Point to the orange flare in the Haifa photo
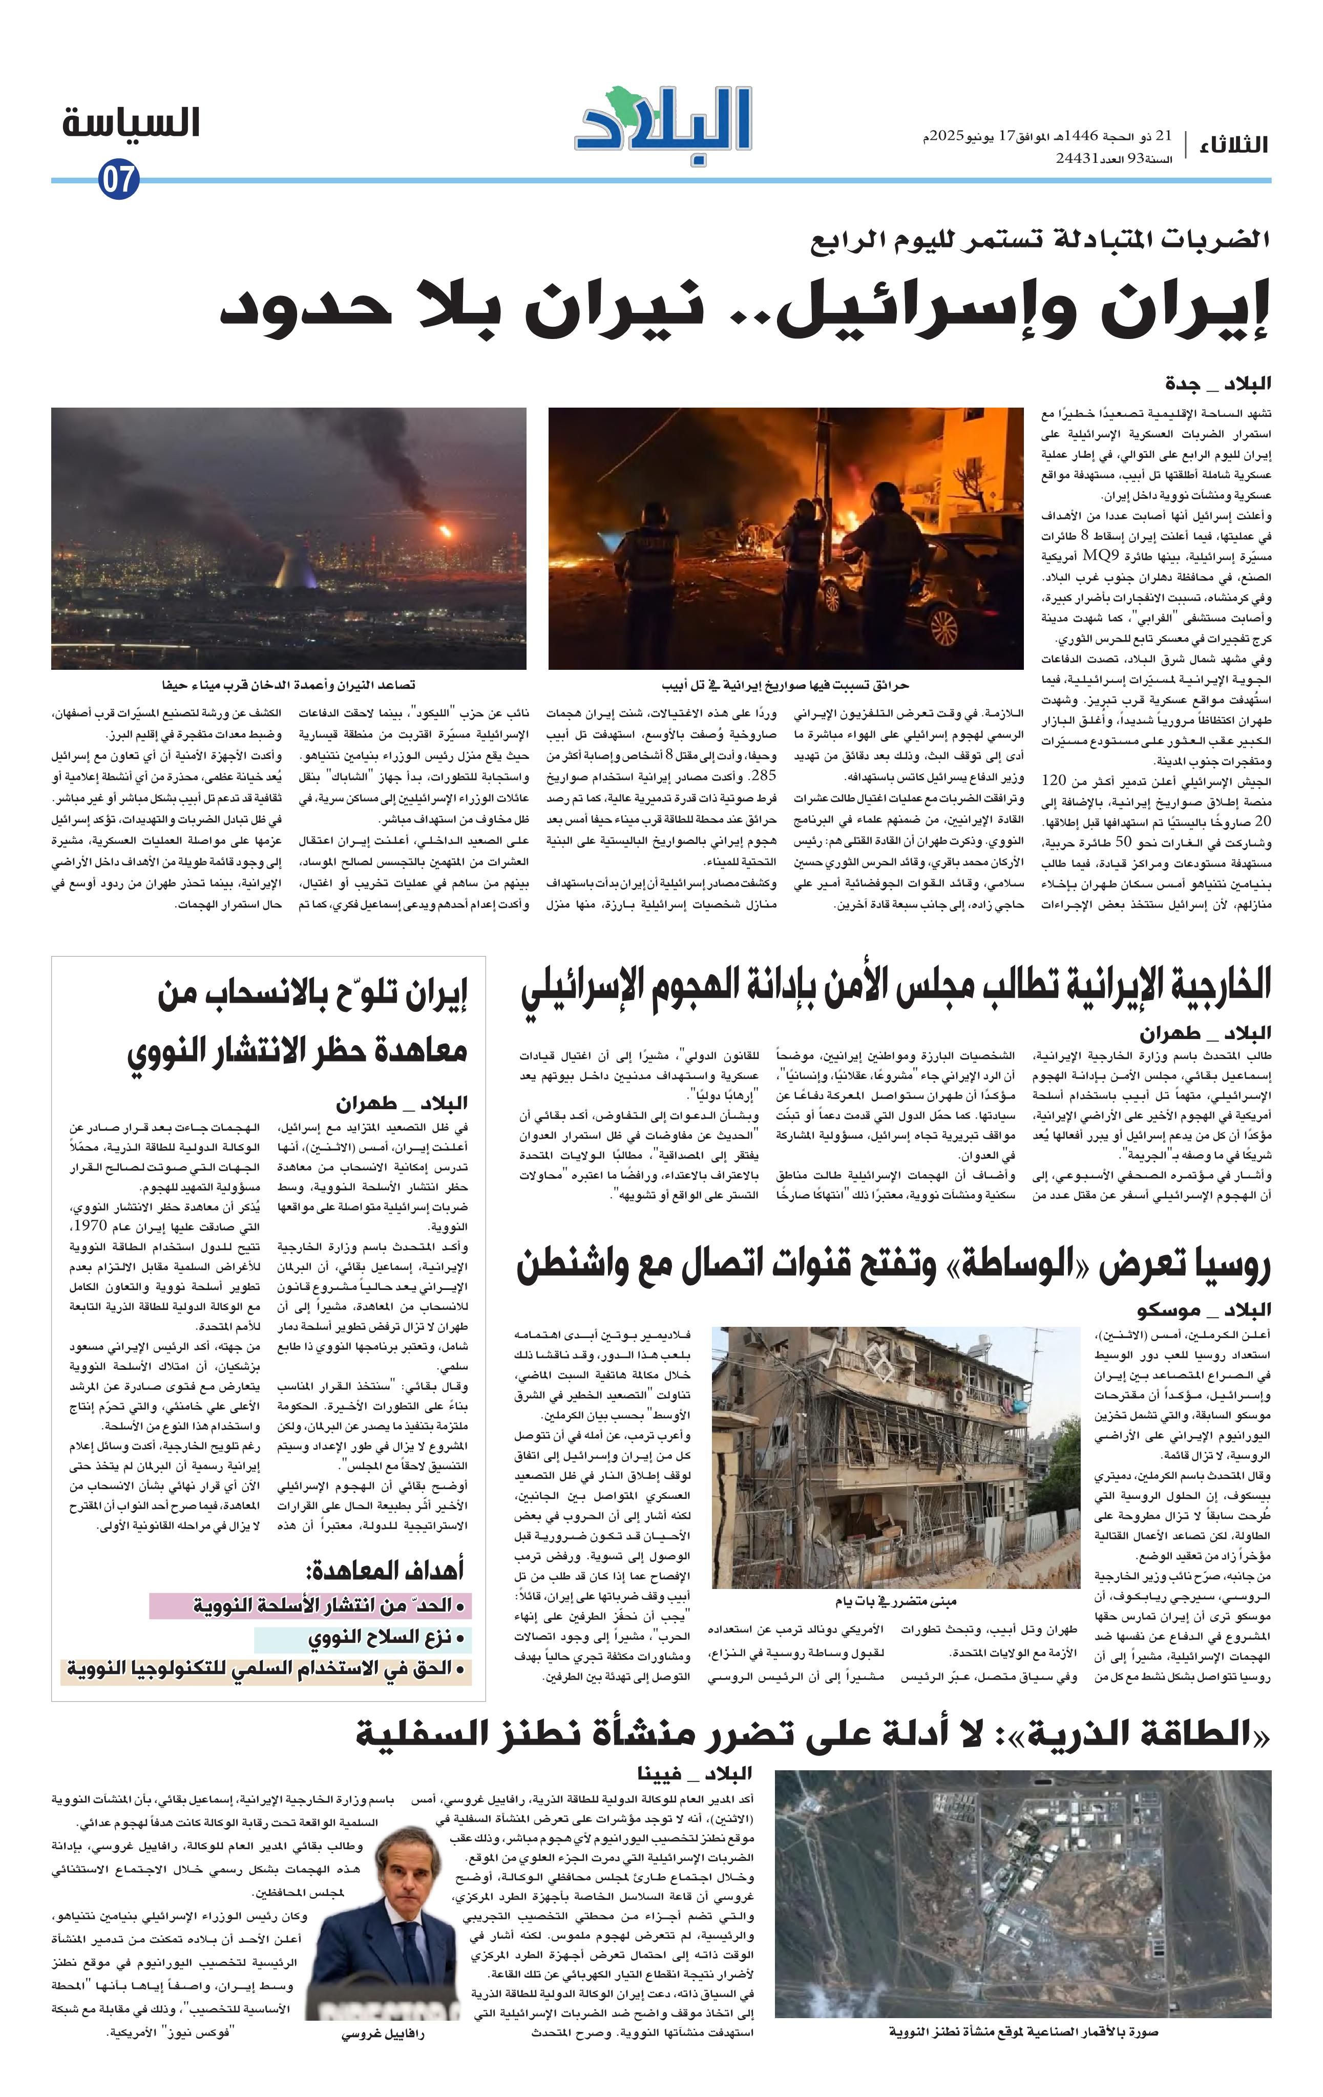tap(446, 529)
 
